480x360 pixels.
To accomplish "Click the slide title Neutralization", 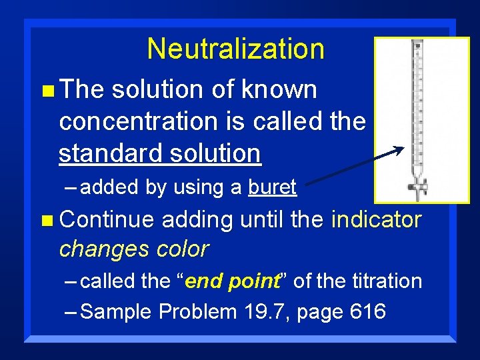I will (x=235, y=49).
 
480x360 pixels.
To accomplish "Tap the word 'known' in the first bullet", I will (x=281, y=90).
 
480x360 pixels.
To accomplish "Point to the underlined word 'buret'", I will (x=272, y=188).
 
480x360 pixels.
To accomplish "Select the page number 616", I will (x=367, y=312).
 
